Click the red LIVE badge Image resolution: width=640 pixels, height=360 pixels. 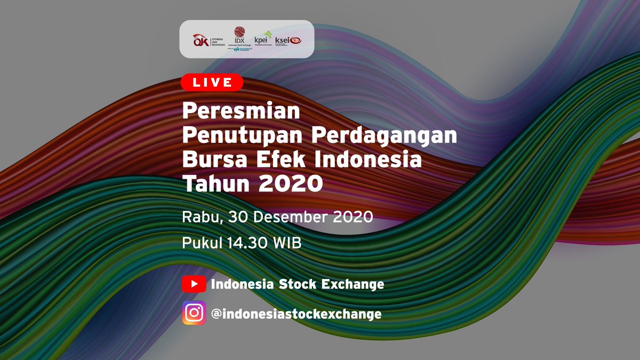[x=212, y=82]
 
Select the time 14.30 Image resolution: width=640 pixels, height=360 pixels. [x=251, y=243]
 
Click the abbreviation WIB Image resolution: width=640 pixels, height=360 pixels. [x=288, y=243]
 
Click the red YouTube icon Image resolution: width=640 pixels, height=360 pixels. [x=194, y=284]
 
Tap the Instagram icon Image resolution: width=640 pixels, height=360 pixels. [x=194, y=313]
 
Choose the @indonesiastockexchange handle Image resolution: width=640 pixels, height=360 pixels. [x=296, y=314]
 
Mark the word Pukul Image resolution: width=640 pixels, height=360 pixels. [x=201, y=243]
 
